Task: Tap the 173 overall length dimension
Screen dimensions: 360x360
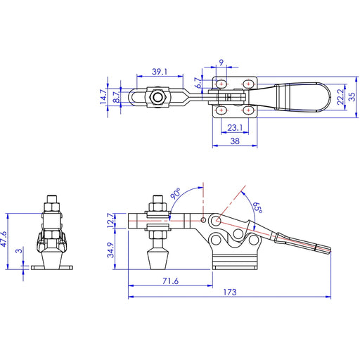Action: [229, 292]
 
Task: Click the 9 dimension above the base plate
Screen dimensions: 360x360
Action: [222, 63]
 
